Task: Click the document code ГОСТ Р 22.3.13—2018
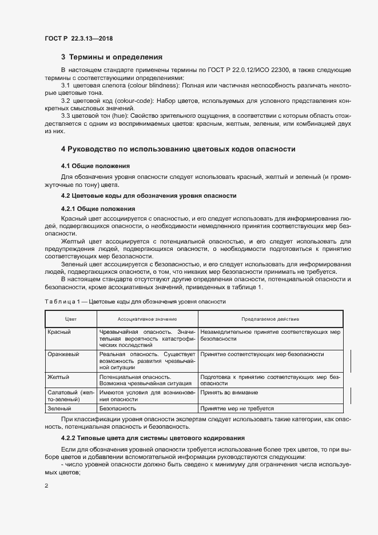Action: click(x=78, y=38)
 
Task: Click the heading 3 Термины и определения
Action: click(x=112, y=57)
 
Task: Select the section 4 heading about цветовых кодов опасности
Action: click(x=178, y=149)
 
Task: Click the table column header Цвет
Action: click(x=71, y=319)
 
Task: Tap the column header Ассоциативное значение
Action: click(x=148, y=319)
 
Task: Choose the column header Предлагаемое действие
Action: click(x=270, y=319)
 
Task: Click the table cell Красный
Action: click(x=59, y=332)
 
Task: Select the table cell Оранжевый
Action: click(x=63, y=354)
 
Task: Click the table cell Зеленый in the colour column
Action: click(x=59, y=409)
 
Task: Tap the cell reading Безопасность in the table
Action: click(x=118, y=409)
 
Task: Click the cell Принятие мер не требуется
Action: click(x=237, y=409)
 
